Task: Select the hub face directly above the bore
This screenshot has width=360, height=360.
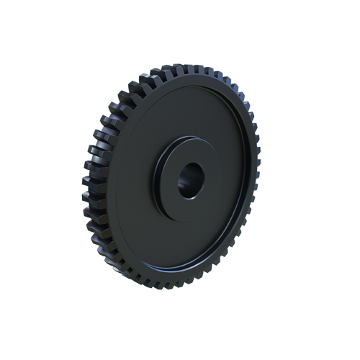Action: click(x=189, y=149)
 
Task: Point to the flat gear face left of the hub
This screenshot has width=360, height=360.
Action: click(x=133, y=180)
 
